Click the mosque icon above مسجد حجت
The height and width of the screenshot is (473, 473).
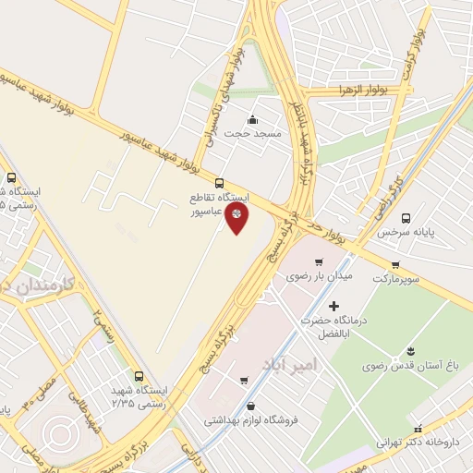click(x=253, y=120)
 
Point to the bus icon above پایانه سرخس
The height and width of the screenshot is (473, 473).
click(x=406, y=219)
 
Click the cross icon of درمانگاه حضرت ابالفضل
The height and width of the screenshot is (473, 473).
click(x=334, y=305)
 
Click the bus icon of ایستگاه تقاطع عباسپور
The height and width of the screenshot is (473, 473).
click(x=219, y=183)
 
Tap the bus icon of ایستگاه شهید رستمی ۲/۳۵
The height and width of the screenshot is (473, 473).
click(x=139, y=376)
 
